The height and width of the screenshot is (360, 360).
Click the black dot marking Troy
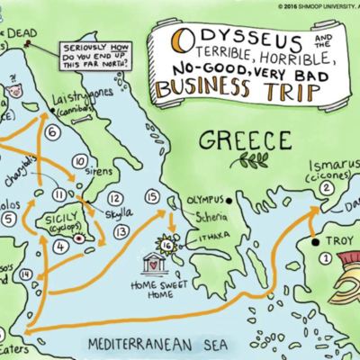[x=315, y=242]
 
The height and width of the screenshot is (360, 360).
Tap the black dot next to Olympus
[x=184, y=200]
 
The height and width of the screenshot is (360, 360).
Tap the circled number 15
[x=151, y=197]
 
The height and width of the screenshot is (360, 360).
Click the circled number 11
[x=60, y=193]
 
